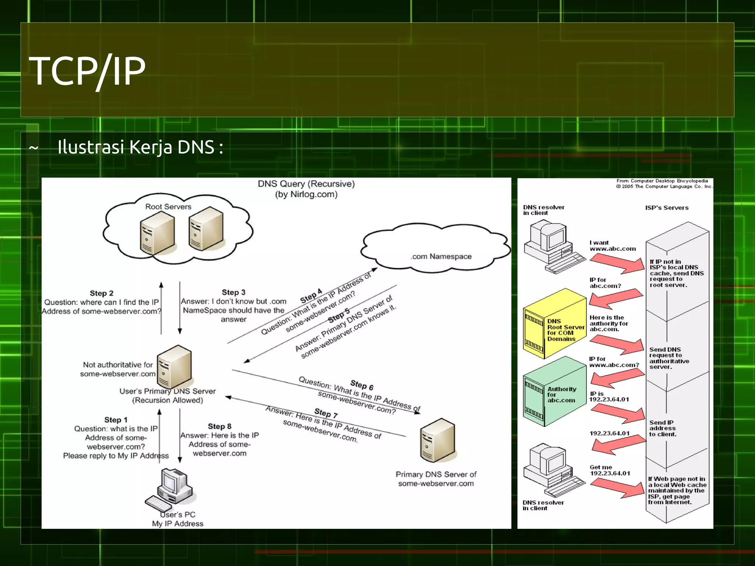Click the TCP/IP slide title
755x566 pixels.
[87, 71]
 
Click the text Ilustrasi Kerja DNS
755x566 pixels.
[140, 147]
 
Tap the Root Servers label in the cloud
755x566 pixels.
[168, 207]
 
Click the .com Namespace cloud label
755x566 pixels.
[441, 256]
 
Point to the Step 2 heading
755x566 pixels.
[101, 293]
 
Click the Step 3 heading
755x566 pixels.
[233, 292]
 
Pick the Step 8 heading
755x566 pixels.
[219, 426]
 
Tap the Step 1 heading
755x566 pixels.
[116, 420]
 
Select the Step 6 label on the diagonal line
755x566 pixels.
[362, 385]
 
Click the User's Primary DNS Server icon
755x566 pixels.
[174, 367]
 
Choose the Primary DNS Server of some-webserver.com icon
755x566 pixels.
[438, 440]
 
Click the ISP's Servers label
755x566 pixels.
[667, 208]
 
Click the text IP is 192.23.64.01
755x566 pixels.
[609, 396]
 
